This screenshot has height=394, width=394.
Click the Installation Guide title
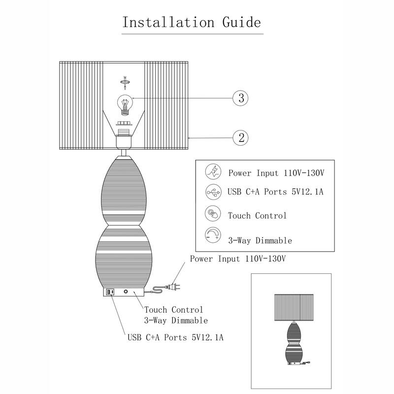(x=192, y=22)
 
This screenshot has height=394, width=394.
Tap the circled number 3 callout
(x=241, y=98)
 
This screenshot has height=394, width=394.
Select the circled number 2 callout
(x=241, y=137)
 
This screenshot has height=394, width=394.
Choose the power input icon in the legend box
(x=212, y=172)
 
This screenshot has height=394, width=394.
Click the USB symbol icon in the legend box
(x=212, y=192)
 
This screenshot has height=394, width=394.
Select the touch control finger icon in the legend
(x=212, y=214)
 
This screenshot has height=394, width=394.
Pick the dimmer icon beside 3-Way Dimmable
(x=212, y=235)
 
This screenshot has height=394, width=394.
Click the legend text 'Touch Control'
(x=257, y=216)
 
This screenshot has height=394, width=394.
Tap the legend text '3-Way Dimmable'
(x=260, y=240)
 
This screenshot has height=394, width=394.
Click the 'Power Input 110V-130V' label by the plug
(x=238, y=259)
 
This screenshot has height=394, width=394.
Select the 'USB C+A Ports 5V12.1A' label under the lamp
(x=175, y=338)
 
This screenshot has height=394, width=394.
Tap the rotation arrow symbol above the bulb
(x=125, y=80)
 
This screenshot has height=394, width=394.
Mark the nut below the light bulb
(x=125, y=124)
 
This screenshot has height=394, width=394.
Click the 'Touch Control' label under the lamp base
(x=173, y=310)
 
